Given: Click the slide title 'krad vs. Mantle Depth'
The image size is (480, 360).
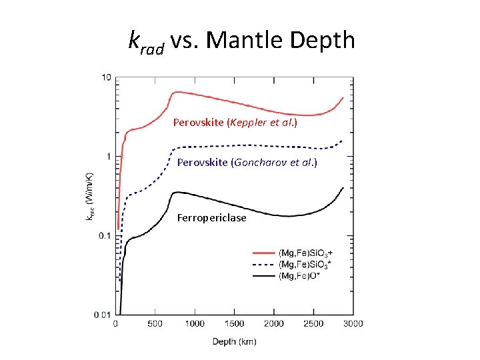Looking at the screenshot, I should pyautogui.click(x=241, y=41).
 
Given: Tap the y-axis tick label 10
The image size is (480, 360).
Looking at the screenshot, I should pyautogui.click(x=106, y=78).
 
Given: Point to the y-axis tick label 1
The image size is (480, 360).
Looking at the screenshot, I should pyautogui.click(x=109, y=157).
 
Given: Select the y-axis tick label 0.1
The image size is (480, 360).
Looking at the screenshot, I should pyautogui.click(x=105, y=236).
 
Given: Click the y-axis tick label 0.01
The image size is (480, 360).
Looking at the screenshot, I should pyautogui.click(x=103, y=314).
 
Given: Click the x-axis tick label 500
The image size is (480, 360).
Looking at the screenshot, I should pyautogui.click(x=155, y=324).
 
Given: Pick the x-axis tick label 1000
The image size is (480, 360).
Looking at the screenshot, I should pyautogui.click(x=195, y=324).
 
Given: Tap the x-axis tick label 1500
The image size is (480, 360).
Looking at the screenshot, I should pyautogui.click(x=234, y=324).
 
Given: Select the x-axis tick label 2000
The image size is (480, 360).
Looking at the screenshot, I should pyautogui.click(x=274, y=324).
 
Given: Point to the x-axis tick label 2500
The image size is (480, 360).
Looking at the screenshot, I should pyautogui.click(x=313, y=324).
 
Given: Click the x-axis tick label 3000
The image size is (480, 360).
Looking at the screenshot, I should pyautogui.click(x=353, y=324).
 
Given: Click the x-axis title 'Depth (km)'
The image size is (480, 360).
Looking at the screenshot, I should pyautogui.click(x=234, y=341).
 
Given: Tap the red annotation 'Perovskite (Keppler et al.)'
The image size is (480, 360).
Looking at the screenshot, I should pyautogui.click(x=235, y=123).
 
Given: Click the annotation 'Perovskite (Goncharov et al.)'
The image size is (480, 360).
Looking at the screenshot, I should pyautogui.click(x=247, y=162).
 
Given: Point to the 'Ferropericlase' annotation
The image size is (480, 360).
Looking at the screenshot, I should pyautogui.click(x=211, y=218).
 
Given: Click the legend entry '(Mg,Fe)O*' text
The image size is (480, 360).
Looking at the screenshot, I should pyautogui.click(x=299, y=276).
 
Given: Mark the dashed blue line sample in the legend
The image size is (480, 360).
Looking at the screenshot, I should pyautogui.click(x=263, y=265).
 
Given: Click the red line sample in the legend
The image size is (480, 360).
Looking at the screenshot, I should pyautogui.click(x=263, y=253).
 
